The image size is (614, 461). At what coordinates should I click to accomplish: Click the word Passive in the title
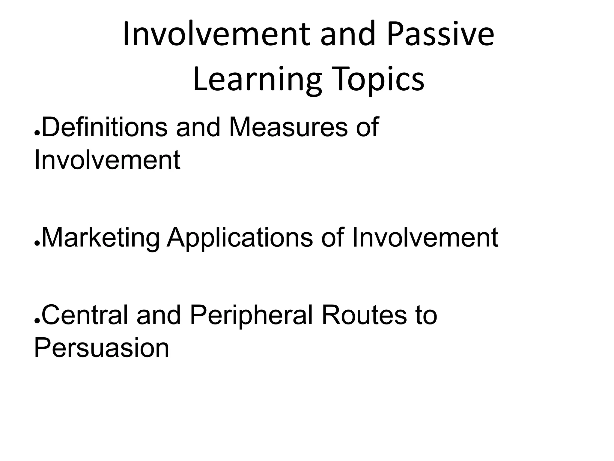(440, 35)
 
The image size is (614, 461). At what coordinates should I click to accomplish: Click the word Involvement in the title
(216, 35)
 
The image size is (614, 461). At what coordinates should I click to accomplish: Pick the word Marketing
(100, 238)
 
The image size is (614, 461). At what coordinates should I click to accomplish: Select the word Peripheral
(252, 315)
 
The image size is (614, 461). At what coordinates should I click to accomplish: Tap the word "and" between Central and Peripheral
(159, 315)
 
